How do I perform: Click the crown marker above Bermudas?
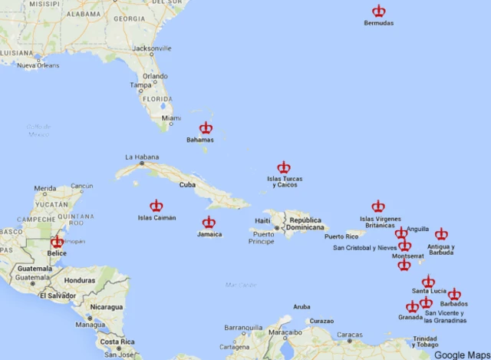[379, 11]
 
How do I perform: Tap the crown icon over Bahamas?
[206, 128]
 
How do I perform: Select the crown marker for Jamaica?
[209, 223]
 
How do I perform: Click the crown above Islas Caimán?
[157, 206]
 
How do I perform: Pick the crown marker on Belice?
[58, 242]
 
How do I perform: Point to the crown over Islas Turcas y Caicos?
[284, 167]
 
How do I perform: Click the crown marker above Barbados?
[454, 294]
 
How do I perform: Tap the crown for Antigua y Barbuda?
[441, 234]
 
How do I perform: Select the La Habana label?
[140, 157]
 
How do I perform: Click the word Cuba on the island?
[187, 185]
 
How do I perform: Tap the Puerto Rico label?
[341, 236]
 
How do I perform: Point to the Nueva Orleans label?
[38, 66]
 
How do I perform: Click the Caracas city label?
[350, 335]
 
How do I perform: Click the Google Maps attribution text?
[460, 355]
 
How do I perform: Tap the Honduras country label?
[80, 281]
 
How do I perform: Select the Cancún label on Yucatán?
[81, 186]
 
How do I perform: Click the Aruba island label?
[302, 307]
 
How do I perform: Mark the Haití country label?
[262, 221]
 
